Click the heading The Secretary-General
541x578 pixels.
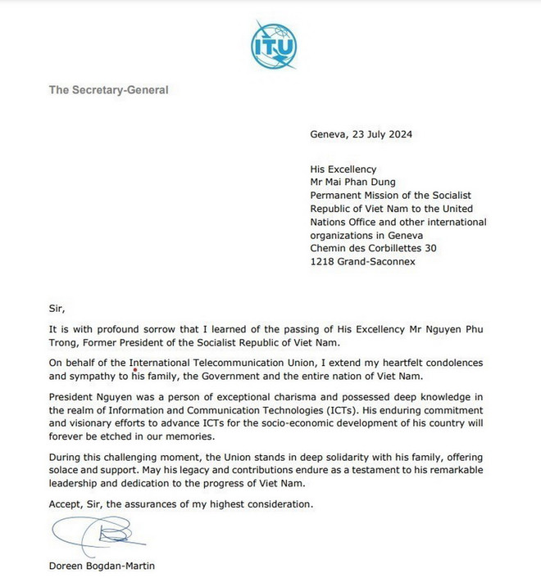click(x=109, y=90)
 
